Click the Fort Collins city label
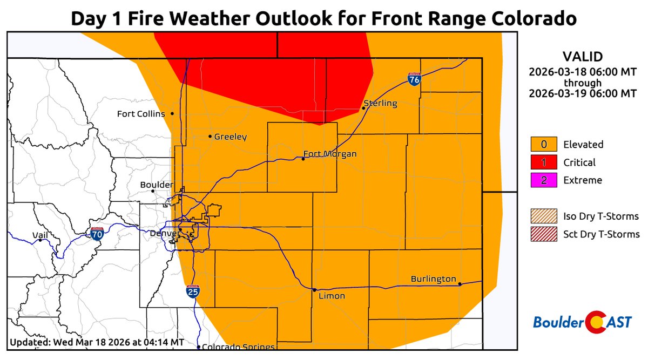(141, 114)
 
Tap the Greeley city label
(230, 137)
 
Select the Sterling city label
(381, 103)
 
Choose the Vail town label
(40, 235)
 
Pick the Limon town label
(332, 296)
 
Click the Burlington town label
(433, 279)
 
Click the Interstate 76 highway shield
(414, 79)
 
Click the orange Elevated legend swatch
(544, 145)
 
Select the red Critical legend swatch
(544, 162)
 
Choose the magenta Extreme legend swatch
(544, 180)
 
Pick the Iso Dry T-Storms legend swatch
(544, 216)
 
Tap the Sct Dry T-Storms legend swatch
(544, 234)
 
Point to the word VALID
(583, 57)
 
